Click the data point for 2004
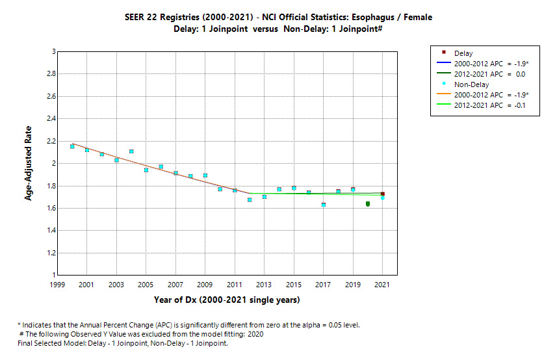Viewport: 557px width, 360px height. click(x=131, y=151)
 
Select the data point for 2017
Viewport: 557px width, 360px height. click(x=323, y=205)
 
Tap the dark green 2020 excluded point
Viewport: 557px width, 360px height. click(x=368, y=204)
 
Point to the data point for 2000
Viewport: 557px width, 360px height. click(x=72, y=146)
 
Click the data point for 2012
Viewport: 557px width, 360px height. click(x=250, y=199)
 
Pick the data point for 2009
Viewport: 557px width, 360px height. click(x=205, y=175)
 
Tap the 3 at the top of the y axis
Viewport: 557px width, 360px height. click(x=53, y=51)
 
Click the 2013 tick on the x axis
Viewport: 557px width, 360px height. click(x=264, y=285)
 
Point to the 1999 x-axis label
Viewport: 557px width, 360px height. click(x=57, y=285)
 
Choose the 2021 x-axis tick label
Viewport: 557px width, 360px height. click(x=382, y=285)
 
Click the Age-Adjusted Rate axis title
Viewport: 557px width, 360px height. click(x=29, y=163)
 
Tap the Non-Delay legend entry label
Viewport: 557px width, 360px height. click(x=472, y=84)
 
